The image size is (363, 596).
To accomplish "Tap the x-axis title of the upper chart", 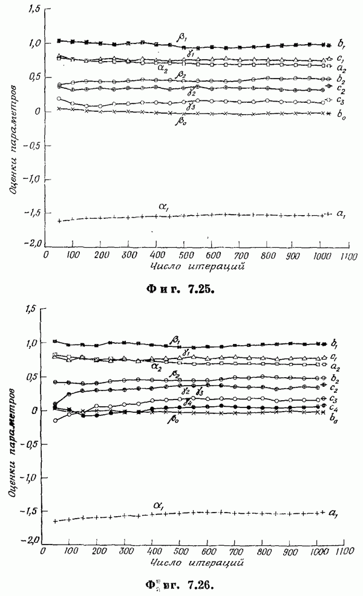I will coord(191,266).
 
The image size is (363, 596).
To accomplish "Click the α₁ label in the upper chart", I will coord(164,207).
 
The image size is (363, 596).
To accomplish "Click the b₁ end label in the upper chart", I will coord(342,44).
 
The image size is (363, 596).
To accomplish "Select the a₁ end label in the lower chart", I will coord(332,514).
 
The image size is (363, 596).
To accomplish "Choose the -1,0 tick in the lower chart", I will coord(28,478).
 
